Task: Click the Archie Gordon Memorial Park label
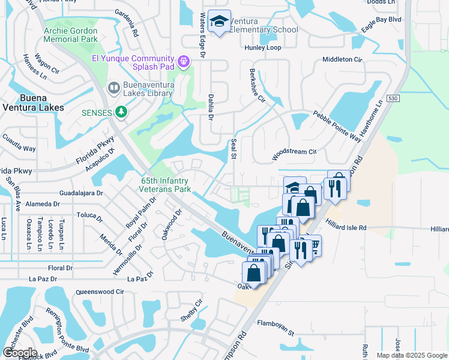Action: click(x=70, y=35)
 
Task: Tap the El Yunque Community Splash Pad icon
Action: click(x=184, y=60)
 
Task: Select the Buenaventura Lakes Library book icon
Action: click(x=113, y=88)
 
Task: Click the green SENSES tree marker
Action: click(x=121, y=112)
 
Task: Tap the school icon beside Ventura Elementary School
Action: click(x=220, y=22)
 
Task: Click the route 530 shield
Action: click(x=393, y=98)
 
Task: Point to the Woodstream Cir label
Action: click(x=294, y=152)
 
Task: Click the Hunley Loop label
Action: click(x=262, y=47)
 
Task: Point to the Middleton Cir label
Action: click(x=343, y=60)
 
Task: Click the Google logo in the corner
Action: click(x=20, y=353)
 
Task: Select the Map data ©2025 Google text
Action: click(x=411, y=355)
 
